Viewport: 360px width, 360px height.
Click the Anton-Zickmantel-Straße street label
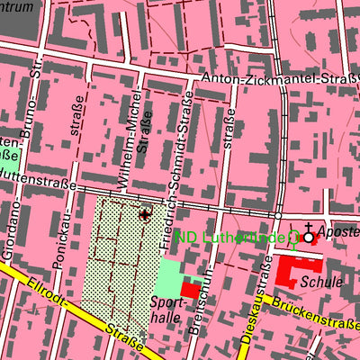[278, 79]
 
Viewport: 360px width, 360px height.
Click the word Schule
[322, 282]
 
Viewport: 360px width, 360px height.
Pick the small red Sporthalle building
[191, 290]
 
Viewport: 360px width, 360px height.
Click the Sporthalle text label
[166, 311]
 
